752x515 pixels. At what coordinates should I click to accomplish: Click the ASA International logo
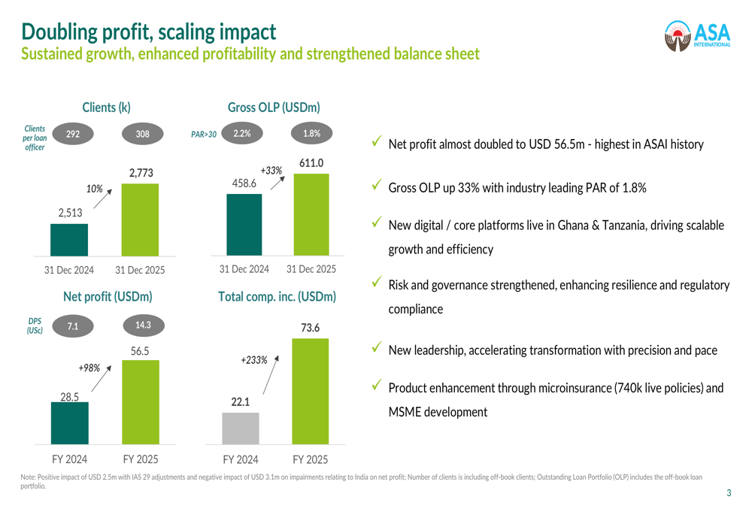pos(698,35)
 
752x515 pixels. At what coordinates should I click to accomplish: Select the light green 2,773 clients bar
pos(140,219)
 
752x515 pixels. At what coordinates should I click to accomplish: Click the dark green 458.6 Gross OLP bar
pos(244,224)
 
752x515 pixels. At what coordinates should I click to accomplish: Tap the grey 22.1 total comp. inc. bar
pos(240,428)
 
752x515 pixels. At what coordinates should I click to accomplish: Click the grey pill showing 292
pos(73,135)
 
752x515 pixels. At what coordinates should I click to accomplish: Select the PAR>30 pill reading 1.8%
pos(311,134)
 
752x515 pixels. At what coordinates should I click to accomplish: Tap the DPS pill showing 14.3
pos(142,326)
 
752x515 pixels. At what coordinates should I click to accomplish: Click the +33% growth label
pos(271,171)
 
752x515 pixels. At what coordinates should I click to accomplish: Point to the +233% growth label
pos(254,360)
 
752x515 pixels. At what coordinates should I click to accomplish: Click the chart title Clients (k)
pos(106,108)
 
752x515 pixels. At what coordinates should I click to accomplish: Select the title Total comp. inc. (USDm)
pos(277,297)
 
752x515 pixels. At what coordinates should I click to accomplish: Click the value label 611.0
pos(311,163)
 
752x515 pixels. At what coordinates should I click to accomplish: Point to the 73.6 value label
pos(310,328)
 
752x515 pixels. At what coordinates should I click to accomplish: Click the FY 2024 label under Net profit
pos(69,459)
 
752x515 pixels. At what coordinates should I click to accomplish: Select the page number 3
pos(728,493)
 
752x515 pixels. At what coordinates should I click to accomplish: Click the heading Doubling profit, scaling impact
pos(148,32)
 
